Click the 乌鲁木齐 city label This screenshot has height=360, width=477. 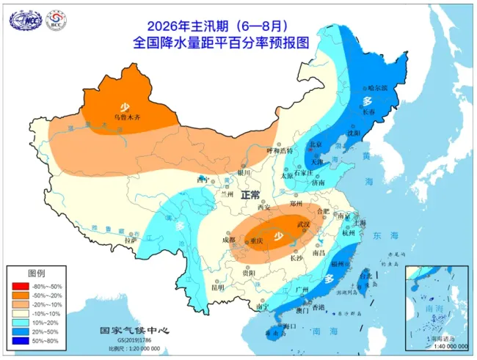[x=123, y=117]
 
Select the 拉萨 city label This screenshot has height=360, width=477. [x=131, y=239]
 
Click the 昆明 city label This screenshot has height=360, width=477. [x=197, y=287]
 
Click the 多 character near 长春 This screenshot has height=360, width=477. [x=367, y=100]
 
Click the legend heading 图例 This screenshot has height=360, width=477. [x=37, y=272]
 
